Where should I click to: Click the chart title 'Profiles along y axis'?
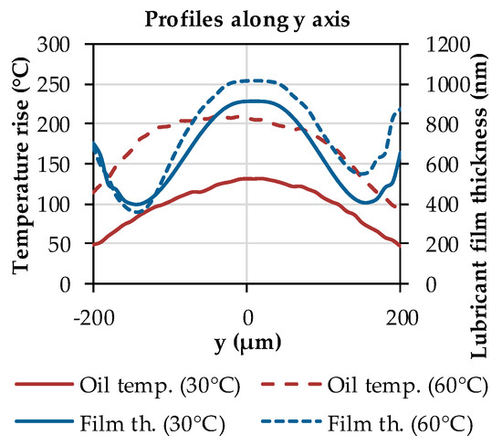[x=246, y=16]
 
